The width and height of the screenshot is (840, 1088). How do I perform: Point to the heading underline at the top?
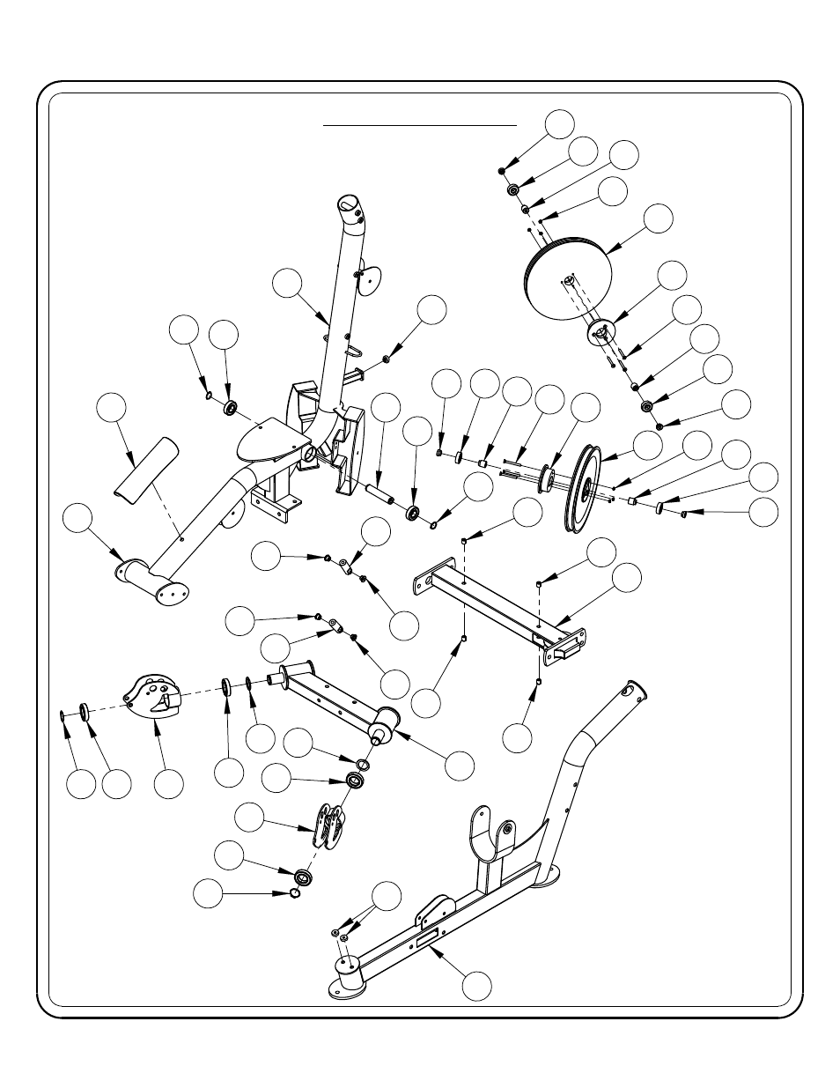(x=420, y=126)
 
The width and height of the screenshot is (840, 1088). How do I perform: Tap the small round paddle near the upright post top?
(x=372, y=277)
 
